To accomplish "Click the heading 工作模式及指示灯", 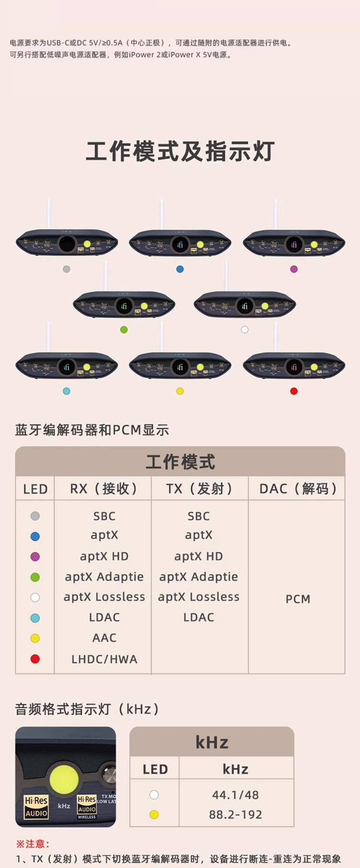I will (180, 151).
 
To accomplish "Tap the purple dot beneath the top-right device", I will (294, 269).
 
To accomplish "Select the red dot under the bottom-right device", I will (294, 391).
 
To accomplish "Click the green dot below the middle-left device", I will (124, 330).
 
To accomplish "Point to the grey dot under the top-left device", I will (67, 269).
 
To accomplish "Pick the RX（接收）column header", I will (103, 489).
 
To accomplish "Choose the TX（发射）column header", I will (199, 489).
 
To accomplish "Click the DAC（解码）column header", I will (298, 489).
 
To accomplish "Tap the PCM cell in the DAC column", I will (298, 599).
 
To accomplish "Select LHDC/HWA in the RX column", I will (104, 659).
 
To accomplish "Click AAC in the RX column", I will (104, 638).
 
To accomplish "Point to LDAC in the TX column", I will (199, 618).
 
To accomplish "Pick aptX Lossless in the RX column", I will (104, 597).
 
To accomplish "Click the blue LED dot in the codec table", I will (35, 536).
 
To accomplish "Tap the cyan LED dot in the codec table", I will (35, 618).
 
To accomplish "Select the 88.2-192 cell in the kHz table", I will (235, 815).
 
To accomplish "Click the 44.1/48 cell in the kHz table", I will (235, 795).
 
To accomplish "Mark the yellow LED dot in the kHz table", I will (154, 815).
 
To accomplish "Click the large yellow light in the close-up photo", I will (64, 780).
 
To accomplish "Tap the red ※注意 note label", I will (33, 844).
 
